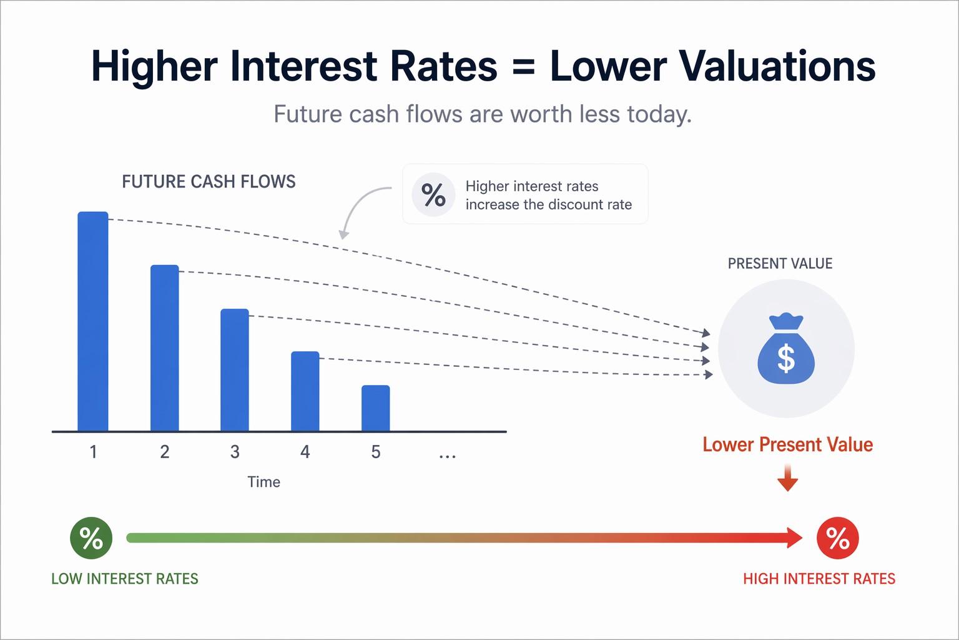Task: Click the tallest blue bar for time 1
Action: [93, 321]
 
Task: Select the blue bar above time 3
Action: [235, 370]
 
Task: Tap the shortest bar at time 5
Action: [376, 408]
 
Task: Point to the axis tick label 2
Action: [165, 452]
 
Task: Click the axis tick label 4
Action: [305, 452]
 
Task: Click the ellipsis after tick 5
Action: [447, 456]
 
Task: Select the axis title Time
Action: [263, 482]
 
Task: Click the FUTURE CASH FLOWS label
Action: [209, 182]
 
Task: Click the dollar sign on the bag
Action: [786, 359]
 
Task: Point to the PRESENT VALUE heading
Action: [780, 264]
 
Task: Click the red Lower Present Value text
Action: [787, 445]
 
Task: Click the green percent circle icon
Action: [91, 538]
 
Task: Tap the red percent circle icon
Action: [838, 538]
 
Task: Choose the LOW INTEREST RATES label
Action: [125, 579]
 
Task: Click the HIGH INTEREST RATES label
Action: [819, 579]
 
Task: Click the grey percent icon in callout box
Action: [433, 194]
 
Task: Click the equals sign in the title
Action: [523, 66]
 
